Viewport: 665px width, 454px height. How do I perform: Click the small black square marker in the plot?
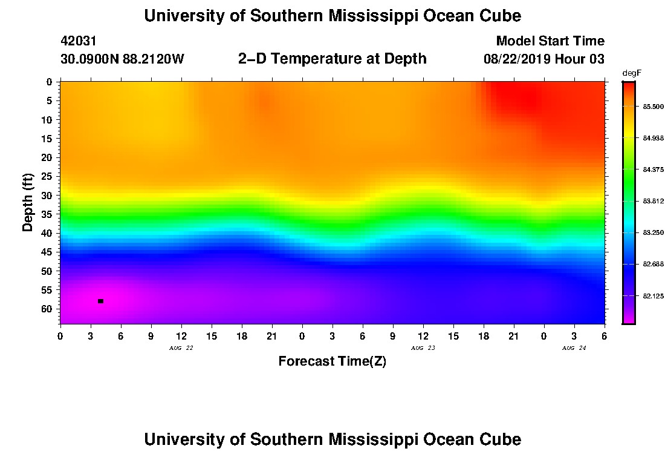[100, 301]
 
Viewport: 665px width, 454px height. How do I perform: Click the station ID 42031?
[79, 41]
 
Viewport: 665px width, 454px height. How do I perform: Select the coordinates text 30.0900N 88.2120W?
[122, 59]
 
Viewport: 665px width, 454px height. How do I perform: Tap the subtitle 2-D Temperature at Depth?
[332, 58]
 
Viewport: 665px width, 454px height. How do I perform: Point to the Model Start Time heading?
[550, 41]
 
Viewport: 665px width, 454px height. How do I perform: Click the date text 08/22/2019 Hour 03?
[543, 59]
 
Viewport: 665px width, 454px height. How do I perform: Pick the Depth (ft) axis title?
[28, 202]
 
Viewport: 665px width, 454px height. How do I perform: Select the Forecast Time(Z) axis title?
[332, 361]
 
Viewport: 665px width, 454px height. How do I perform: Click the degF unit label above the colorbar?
[632, 73]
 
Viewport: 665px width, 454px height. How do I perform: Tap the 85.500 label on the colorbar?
[653, 107]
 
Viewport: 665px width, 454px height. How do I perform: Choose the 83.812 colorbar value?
[653, 201]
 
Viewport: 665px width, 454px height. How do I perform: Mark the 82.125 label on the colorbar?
[653, 296]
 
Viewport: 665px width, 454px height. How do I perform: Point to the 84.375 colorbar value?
[653, 169]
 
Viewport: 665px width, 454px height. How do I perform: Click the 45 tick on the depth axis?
[46, 252]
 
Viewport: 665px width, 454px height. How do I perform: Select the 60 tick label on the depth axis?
[46, 309]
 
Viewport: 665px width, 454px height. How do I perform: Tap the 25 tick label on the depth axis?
[46, 176]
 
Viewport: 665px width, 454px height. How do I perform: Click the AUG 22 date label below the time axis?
[181, 348]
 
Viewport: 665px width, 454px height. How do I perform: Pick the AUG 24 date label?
[574, 348]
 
